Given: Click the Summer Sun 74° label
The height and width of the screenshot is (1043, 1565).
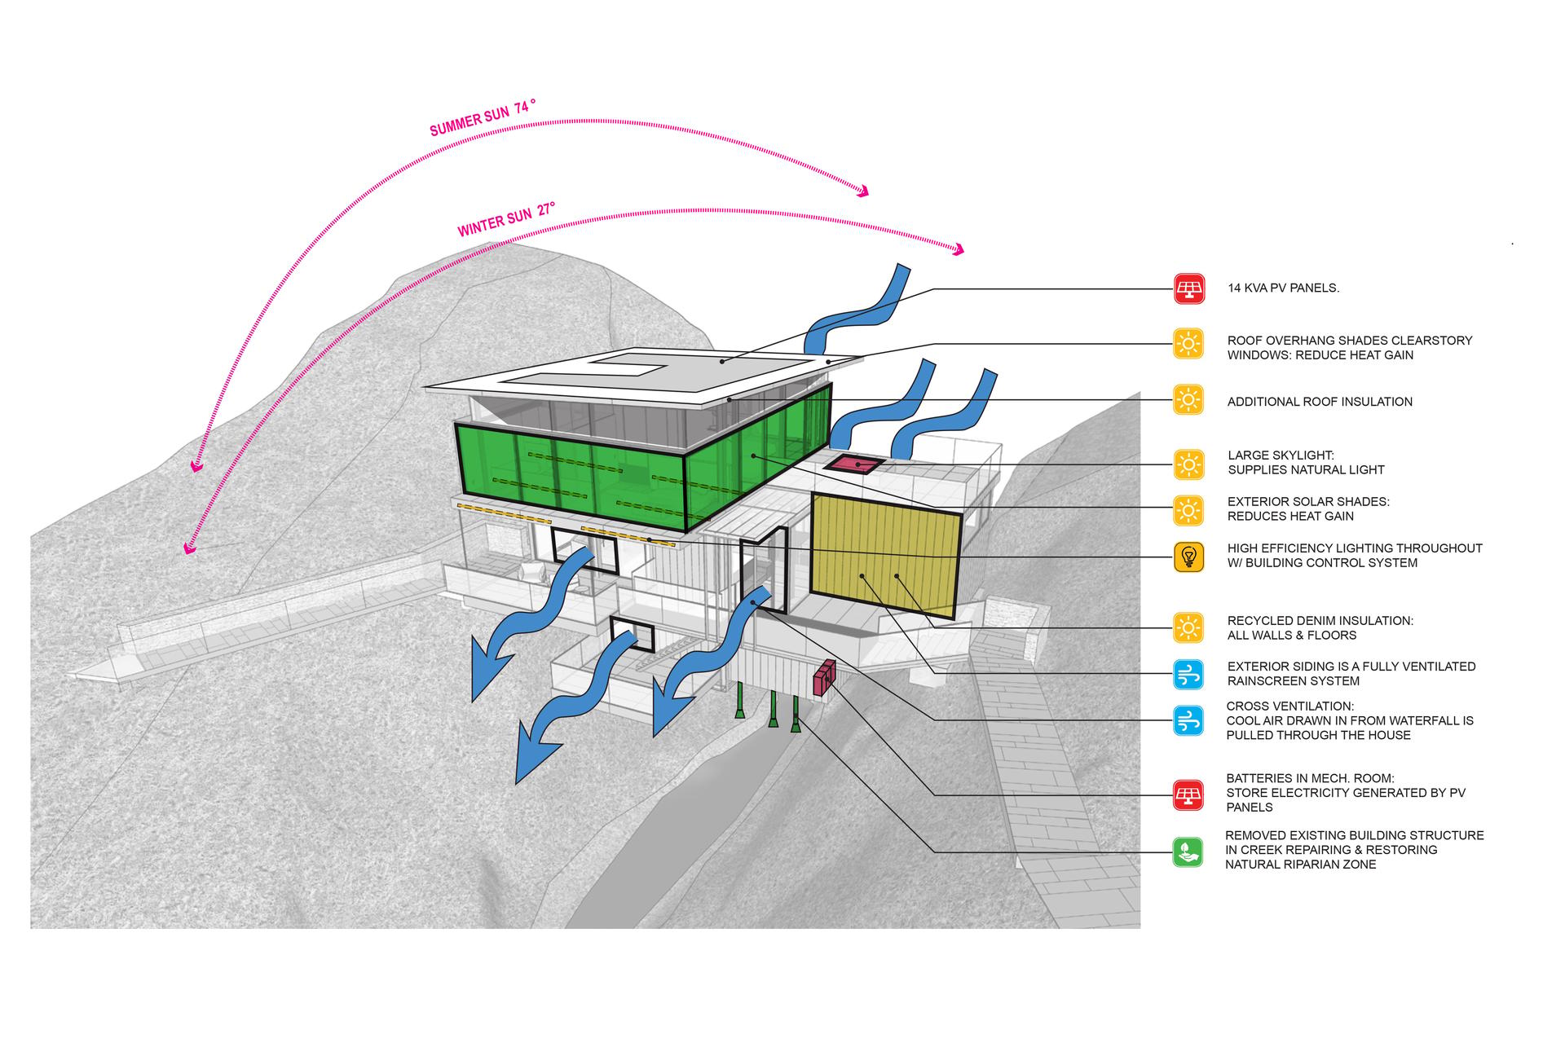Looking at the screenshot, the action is (483, 117).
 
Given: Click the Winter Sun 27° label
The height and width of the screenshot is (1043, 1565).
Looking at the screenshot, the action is (506, 219).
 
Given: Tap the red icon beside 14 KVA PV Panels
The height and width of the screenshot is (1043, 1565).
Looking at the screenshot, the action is (1189, 288).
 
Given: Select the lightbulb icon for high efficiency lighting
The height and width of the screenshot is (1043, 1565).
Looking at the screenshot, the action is (1189, 557).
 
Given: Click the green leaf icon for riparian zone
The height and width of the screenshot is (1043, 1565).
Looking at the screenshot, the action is (1188, 852).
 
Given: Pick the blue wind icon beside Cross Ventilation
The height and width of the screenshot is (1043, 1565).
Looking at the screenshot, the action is (1188, 720).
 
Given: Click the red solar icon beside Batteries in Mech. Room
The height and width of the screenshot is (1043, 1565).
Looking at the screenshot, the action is (1188, 794).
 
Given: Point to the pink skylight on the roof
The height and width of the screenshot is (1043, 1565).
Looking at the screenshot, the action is (853, 464).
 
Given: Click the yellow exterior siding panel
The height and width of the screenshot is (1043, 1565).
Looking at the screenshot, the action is (885, 557).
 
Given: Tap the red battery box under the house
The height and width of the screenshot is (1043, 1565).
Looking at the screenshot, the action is (824, 677).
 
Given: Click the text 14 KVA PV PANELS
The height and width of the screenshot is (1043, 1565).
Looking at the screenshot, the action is (1283, 288).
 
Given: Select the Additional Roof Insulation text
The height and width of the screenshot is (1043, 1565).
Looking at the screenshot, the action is (1320, 402).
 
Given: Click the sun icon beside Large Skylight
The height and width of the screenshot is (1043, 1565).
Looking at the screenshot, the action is (1189, 464).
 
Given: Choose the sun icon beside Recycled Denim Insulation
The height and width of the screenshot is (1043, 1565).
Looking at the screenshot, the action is (1189, 627).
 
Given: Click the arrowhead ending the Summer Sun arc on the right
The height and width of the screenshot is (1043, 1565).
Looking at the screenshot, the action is (862, 191).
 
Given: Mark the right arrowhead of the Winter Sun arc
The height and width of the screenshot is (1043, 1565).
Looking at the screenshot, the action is (957, 249).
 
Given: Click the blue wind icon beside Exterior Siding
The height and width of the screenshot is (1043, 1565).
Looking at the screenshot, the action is (1188, 674).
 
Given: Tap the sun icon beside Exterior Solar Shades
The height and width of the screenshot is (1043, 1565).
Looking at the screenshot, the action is (1189, 511).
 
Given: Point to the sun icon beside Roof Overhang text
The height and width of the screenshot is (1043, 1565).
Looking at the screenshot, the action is (1189, 344).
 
